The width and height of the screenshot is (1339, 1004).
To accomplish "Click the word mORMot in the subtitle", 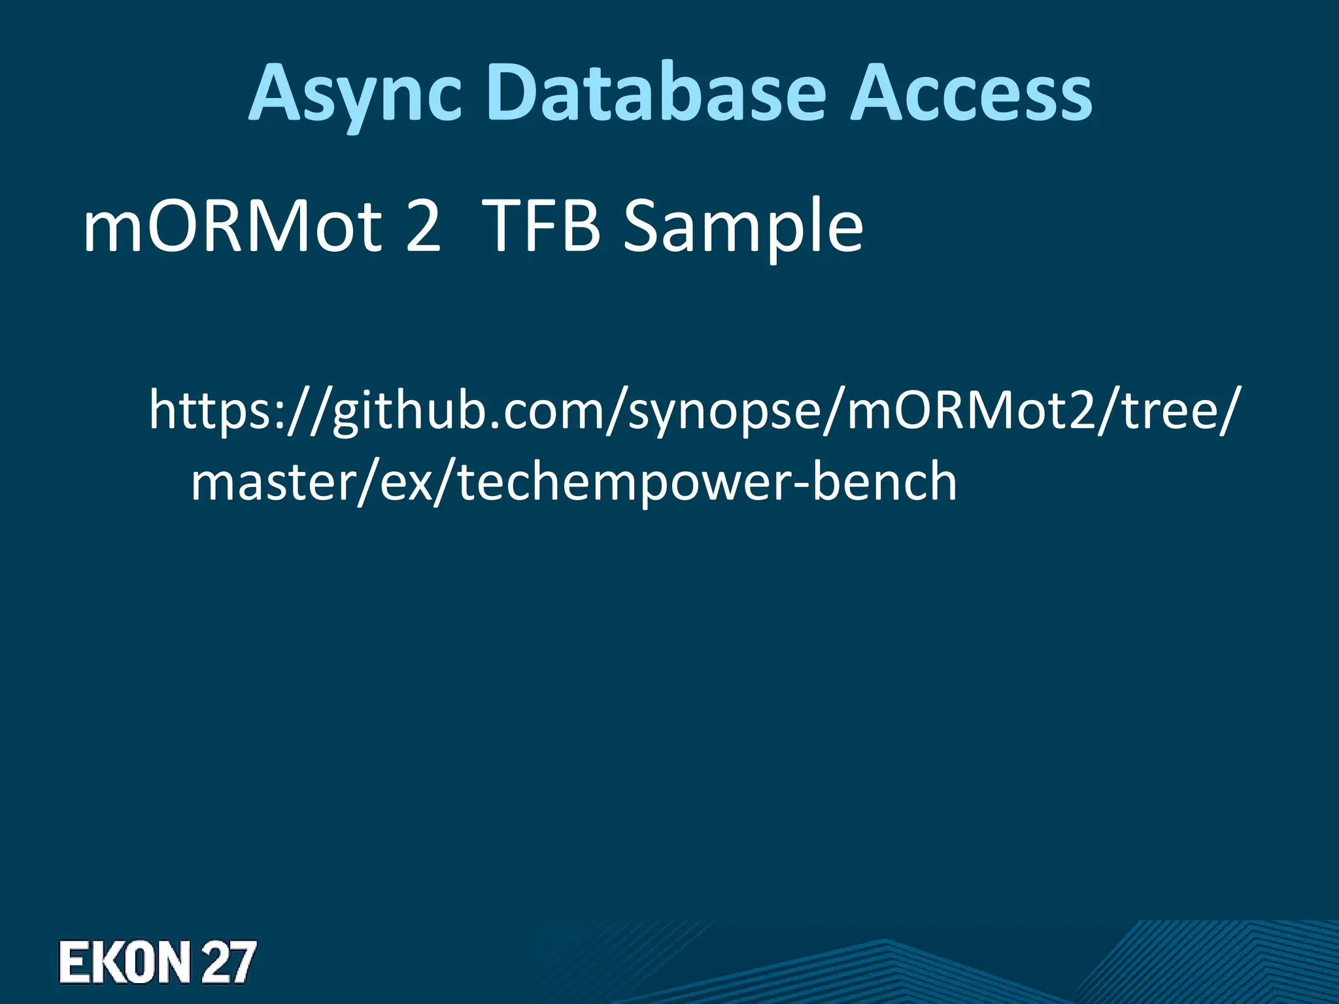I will coord(232,227).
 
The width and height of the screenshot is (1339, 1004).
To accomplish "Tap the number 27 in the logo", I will coord(228,962).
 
